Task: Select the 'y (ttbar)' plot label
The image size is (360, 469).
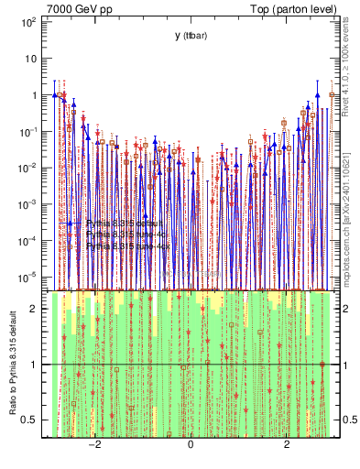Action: [x=189, y=35]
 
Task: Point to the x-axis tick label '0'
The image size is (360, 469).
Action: [x=191, y=445]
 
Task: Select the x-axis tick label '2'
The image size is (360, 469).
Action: [x=287, y=445]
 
